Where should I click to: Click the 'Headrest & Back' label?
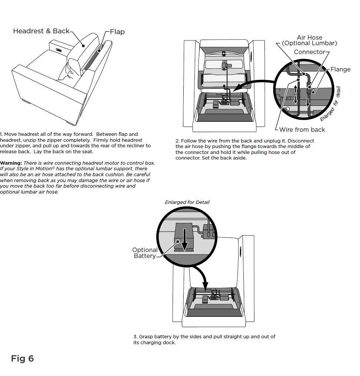(41, 31)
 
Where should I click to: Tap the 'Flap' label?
(117, 32)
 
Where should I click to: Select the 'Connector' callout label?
(309, 52)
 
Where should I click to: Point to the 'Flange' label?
(340, 69)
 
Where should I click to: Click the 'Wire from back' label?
(302, 130)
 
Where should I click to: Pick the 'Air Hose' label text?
(309, 37)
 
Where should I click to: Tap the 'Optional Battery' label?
(145, 253)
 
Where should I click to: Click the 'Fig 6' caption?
(22, 359)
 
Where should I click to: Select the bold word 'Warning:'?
(11, 163)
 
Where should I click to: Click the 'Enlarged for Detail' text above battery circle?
(187, 202)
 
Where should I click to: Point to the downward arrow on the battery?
(184, 240)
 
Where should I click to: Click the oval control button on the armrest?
(59, 50)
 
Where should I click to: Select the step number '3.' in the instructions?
(136, 337)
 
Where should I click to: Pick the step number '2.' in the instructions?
(178, 141)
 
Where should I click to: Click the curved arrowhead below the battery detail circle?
(205, 285)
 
